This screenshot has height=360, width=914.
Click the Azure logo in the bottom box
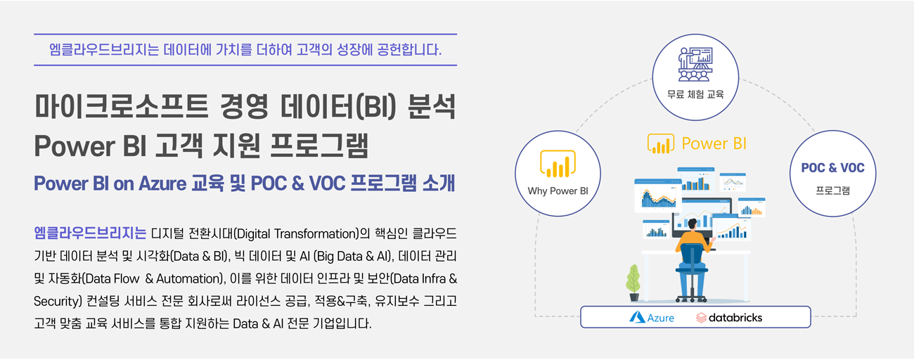pos(652,318)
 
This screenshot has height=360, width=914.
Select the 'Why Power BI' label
pos(558,191)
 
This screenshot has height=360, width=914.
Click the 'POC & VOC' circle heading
pos(833,168)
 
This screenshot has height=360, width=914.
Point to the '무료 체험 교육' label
pos(695,94)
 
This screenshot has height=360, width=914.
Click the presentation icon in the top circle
pos(695,64)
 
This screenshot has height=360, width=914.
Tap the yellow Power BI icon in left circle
pos(558,164)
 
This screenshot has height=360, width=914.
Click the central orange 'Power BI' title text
pos(714,143)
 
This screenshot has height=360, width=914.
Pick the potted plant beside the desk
pos(633,283)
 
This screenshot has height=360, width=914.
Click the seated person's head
pos(693,224)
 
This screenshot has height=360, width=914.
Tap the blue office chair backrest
pos(691,255)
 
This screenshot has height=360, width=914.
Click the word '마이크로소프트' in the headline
pos(121,107)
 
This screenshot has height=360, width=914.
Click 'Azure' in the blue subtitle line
pos(162,184)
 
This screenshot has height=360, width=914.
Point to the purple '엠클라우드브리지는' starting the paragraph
pos(90,233)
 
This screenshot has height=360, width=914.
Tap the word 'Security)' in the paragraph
pos(58,301)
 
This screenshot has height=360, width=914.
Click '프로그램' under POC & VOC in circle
pos(833,191)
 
